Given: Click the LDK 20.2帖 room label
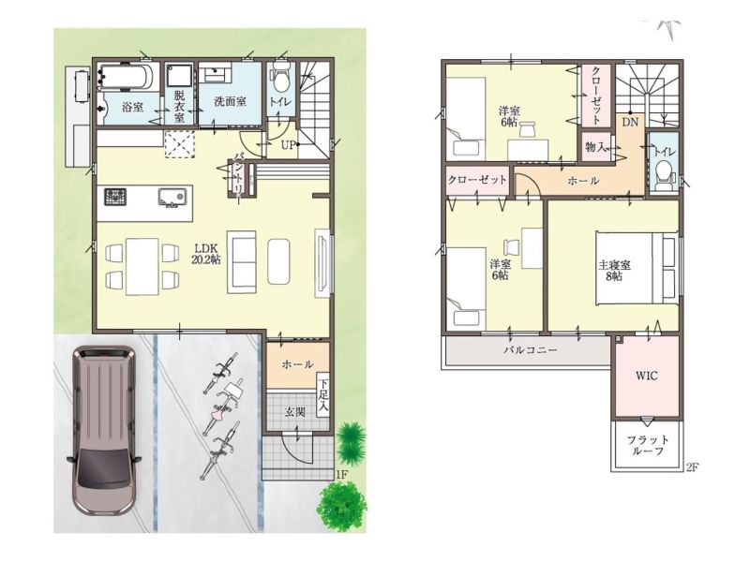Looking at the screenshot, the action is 207,254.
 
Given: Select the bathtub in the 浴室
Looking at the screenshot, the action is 126,76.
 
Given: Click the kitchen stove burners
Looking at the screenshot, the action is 116,197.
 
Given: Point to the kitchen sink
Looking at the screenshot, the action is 172,198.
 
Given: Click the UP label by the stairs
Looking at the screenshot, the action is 288,145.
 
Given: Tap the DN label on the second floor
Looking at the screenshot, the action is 630,123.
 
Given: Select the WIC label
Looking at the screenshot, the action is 647,376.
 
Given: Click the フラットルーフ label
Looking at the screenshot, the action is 648,445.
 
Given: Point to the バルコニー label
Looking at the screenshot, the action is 531,350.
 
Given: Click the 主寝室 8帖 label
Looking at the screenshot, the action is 614,270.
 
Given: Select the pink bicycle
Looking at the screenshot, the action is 221,402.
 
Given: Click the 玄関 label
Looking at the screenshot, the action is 294,411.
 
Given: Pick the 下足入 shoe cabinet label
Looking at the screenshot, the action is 323,395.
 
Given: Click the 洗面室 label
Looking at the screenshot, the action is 230,101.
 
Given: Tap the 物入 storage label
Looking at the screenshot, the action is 595,147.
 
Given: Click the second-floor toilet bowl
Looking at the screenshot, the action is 663,176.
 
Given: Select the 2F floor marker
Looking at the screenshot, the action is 692,467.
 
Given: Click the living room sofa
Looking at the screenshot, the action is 242,262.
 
